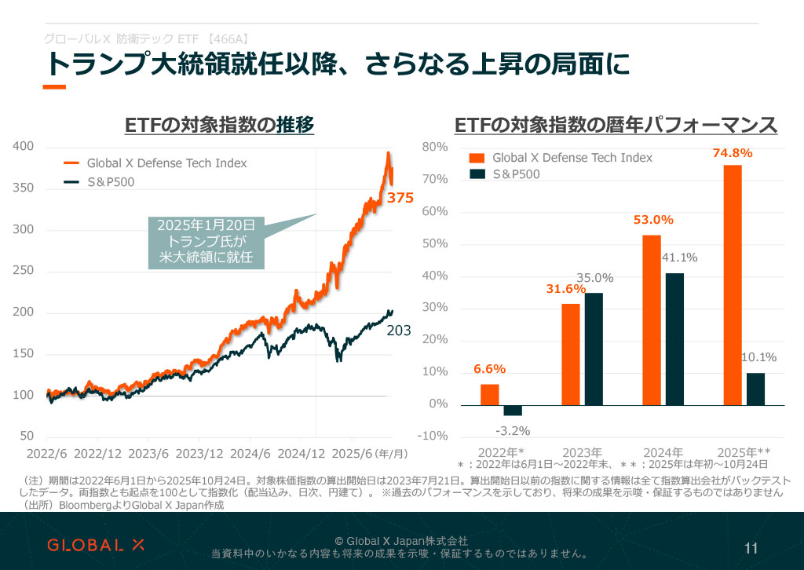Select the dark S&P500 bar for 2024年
tap(674, 339)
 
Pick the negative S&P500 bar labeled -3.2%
tap(513, 411)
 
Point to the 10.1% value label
tap(758, 358)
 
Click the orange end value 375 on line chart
tap(400, 199)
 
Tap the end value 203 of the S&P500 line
tap(399, 332)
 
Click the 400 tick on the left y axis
tap(24, 146)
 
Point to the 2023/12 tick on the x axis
tap(201, 454)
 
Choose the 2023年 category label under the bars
tap(582, 453)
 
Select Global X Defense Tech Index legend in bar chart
tap(572, 157)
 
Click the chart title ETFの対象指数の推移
tap(219, 125)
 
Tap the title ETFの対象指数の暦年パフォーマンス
tap(616, 125)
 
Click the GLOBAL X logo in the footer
tap(96, 545)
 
